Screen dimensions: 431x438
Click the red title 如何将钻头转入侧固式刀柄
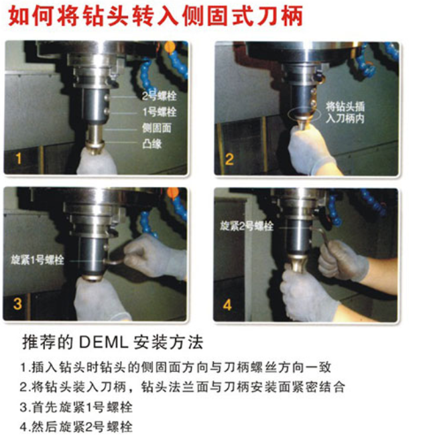156,16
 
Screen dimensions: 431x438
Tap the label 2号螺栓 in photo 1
159,96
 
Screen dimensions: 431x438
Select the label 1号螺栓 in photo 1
160,112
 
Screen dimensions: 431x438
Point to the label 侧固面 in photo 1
157,128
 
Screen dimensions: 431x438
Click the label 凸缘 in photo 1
152,144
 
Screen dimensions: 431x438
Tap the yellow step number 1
19,158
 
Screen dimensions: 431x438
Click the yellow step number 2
229,159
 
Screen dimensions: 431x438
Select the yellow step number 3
17,303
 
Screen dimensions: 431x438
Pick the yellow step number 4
227,305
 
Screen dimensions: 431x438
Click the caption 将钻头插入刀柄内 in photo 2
345,113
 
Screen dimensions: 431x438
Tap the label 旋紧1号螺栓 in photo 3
38,260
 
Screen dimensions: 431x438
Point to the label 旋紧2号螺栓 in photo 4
247,226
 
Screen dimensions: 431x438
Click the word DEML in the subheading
103,342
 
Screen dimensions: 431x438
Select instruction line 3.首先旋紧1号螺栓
76,407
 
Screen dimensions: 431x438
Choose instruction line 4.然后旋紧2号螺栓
76,427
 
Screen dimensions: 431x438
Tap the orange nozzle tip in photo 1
170,47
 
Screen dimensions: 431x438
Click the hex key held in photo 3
114,262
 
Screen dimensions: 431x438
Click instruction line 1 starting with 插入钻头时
176,367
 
